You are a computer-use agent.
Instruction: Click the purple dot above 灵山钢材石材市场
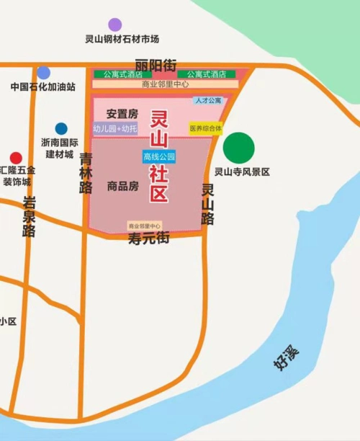[115, 25]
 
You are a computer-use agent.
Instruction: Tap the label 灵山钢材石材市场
[122, 39]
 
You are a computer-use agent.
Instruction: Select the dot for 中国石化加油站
[44, 73]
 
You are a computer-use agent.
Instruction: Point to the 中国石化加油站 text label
[43, 87]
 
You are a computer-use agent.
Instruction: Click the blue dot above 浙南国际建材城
[61, 129]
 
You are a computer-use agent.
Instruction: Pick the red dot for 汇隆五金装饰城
[16, 158]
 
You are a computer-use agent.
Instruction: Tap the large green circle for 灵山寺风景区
[238, 148]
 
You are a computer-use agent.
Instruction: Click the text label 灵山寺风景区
[243, 172]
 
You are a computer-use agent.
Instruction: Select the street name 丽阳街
[156, 66]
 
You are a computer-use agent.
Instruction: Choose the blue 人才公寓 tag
[207, 101]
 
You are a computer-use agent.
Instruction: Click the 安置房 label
[122, 114]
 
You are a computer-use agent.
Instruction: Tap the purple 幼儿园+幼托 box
[114, 129]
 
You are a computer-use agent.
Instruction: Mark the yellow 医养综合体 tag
[206, 128]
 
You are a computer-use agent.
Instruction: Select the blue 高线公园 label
[159, 156]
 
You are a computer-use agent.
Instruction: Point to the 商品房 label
[122, 186]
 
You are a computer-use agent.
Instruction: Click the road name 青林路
[86, 173]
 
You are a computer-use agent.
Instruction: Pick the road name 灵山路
[207, 205]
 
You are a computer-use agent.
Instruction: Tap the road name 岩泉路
[30, 216]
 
